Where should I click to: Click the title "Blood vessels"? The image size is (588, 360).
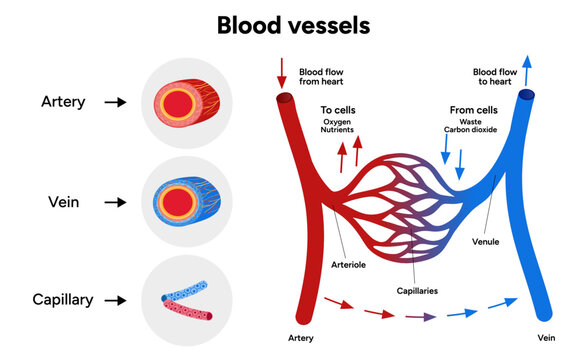pos(293,24)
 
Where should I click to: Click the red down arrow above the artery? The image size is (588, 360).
pos(281,71)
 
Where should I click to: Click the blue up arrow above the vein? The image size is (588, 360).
pos(526,69)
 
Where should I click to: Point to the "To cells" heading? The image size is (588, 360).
pos(338,111)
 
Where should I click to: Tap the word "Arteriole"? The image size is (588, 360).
pos(349,264)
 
